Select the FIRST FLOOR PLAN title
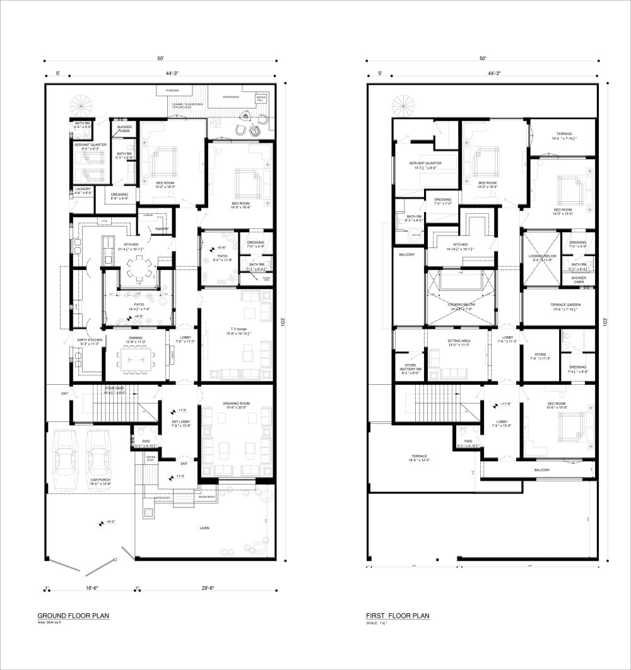(x=398, y=616)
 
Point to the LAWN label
(x=204, y=528)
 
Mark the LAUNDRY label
(x=83, y=190)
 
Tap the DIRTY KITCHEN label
(x=86, y=342)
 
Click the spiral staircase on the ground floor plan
(x=80, y=102)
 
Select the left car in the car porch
(x=65, y=459)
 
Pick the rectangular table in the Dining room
(x=135, y=360)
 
